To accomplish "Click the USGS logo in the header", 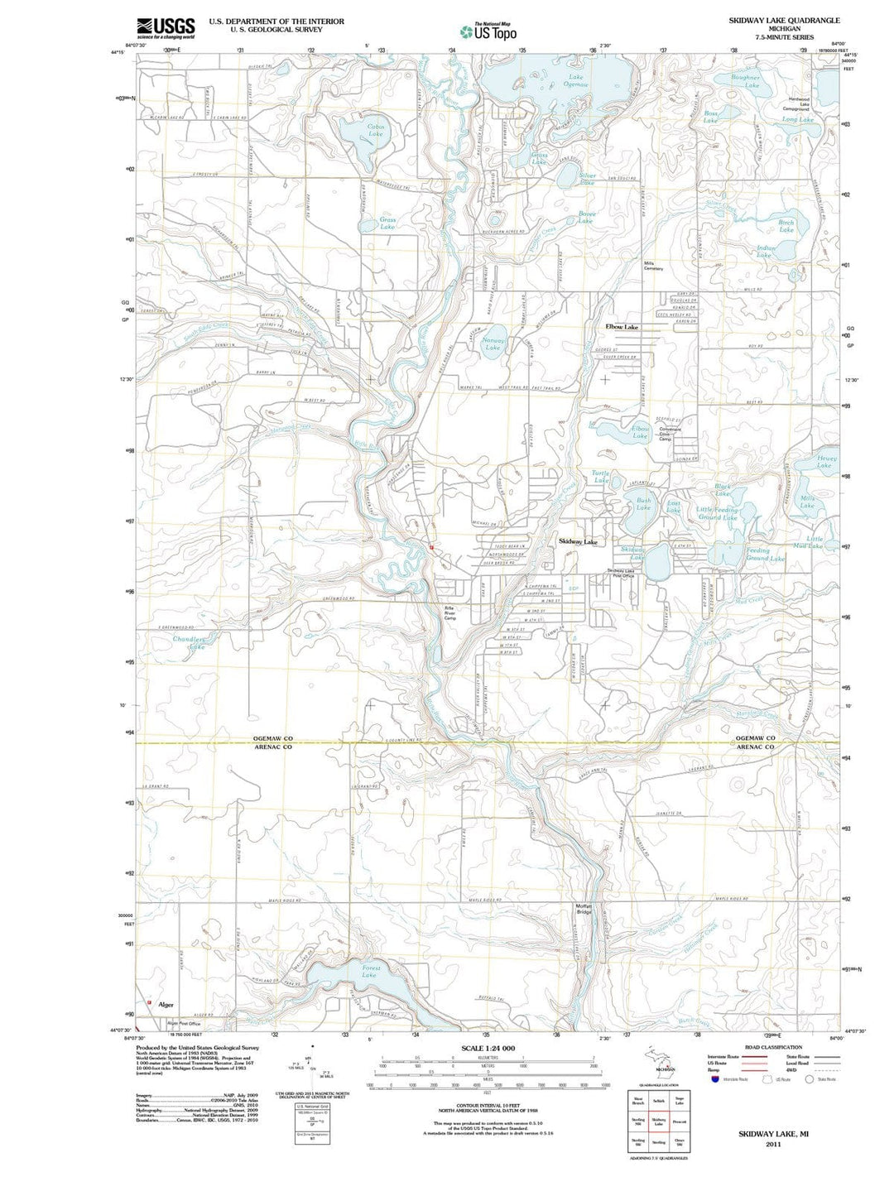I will tap(166, 27).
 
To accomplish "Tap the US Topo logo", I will tap(488, 31).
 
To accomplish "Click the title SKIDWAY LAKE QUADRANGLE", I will tap(772, 20).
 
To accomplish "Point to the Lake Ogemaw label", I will tap(575, 80).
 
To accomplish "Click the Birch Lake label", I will tap(786, 225).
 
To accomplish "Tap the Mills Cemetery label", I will tap(653, 266).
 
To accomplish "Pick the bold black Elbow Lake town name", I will tap(622, 327).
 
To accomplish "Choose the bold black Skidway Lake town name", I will tap(577, 541).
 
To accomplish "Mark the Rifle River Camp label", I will tap(450, 611).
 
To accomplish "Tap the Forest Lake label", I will tap(370, 971).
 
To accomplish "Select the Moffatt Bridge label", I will tap(584, 908).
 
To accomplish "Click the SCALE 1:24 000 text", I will tap(488, 1049).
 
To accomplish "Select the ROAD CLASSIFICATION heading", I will tap(773, 1048).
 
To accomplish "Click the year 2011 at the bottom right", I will tap(773, 1145).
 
